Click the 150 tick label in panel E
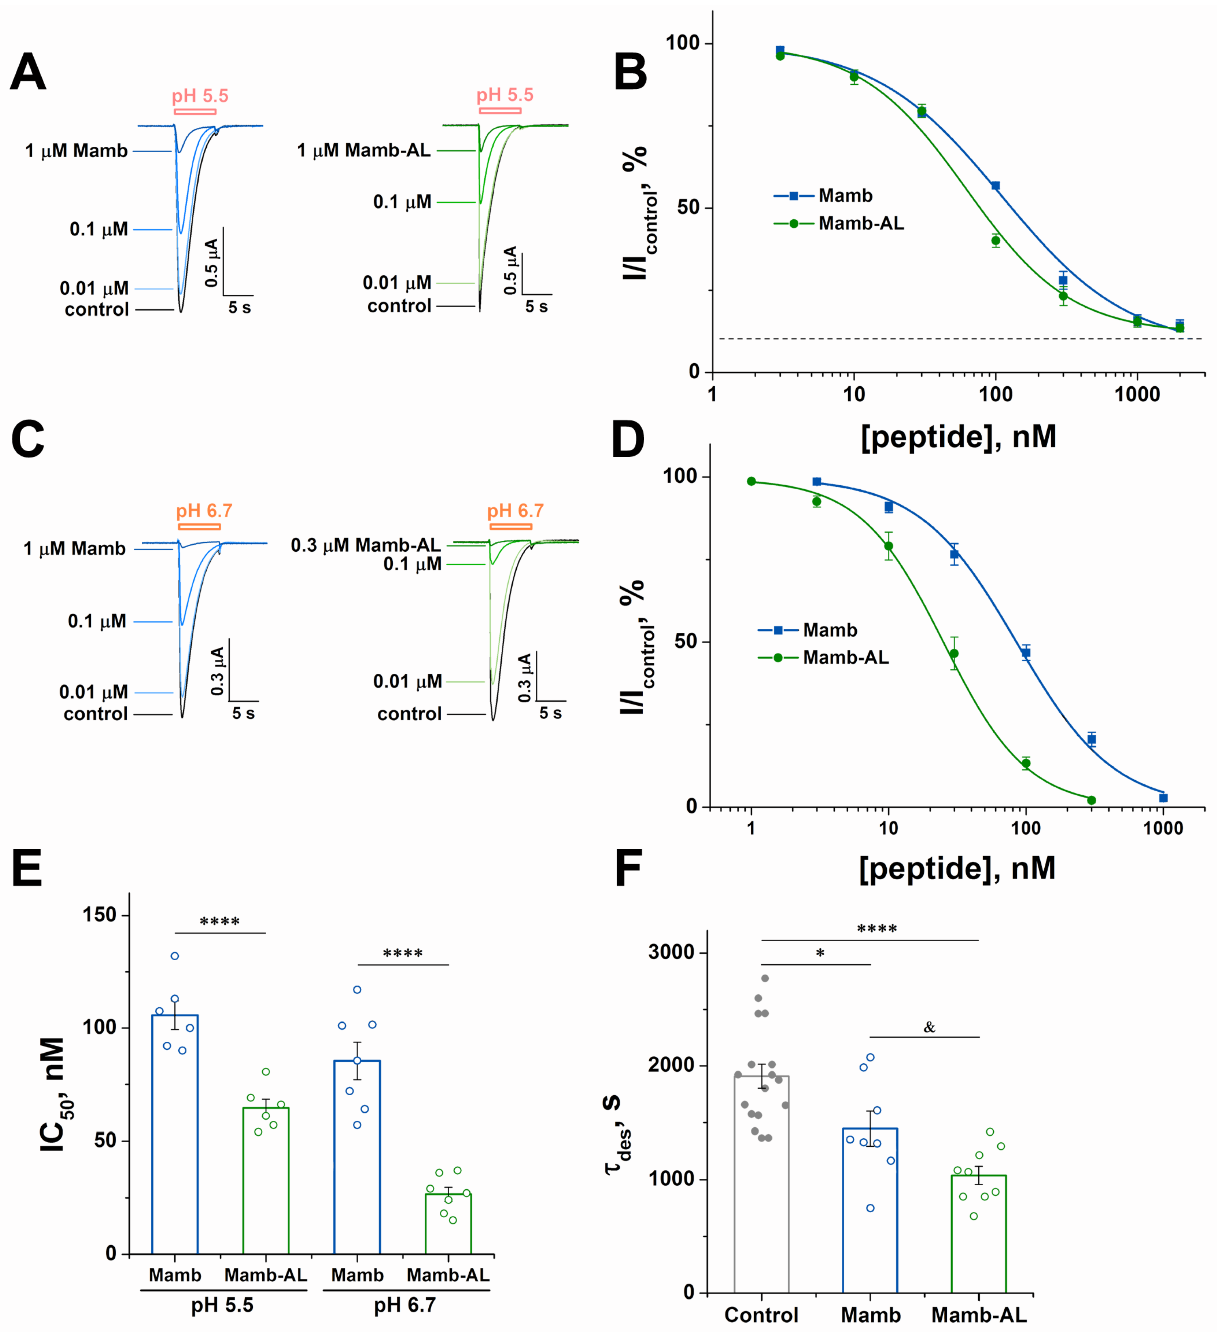coord(99,914)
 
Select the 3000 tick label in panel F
coord(671,952)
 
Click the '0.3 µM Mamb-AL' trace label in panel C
coord(366,545)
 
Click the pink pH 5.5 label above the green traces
coord(505,95)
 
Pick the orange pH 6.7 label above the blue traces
coord(204,511)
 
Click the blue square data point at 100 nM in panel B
coord(995,186)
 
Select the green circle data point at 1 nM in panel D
coord(751,481)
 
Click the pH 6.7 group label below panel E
coord(404,1305)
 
